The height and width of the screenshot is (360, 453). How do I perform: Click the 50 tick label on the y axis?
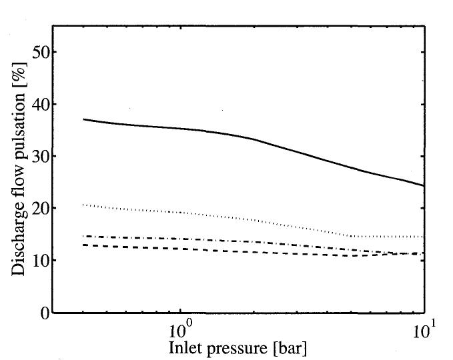tap(39, 52)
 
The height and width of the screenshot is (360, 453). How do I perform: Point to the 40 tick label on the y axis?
tap(39, 104)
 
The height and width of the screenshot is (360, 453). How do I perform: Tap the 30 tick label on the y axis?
tap(39, 156)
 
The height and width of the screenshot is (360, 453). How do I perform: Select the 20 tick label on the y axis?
tap(39, 208)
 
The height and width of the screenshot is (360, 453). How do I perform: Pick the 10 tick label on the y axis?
tap(39, 260)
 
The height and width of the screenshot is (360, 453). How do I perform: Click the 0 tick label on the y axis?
tap(43, 313)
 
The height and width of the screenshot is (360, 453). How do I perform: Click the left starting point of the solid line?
tap(83, 119)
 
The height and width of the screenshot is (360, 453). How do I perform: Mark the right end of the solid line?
tap(424, 185)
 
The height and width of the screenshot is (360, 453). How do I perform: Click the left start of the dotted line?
tap(83, 205)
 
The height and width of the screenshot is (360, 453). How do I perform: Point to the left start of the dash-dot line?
tap(83, 236)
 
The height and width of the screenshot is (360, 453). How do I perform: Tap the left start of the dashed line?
tap(83, 245)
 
